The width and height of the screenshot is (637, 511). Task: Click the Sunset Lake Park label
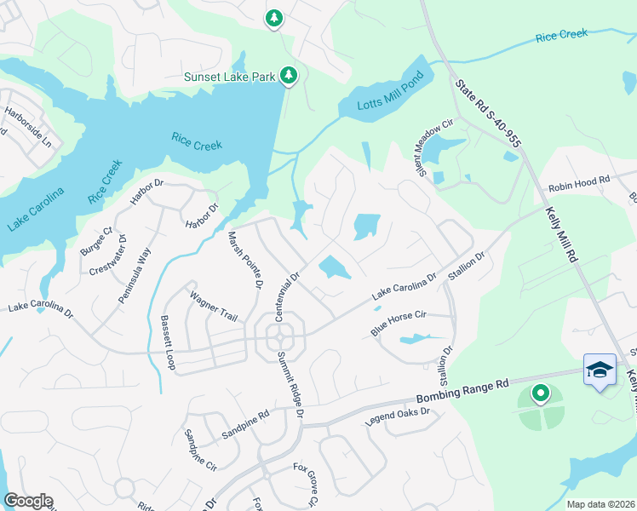click(x=230, y=78)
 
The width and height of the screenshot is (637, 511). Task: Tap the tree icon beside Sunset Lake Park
click(x=290, y=77)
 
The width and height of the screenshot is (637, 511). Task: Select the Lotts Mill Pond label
click(x=380, y=106)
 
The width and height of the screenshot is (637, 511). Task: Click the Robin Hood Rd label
click(x=580, y=181)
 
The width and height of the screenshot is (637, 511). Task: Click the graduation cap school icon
click(x=600, y=370)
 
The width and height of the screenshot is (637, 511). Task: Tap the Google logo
click(x=28, y=501)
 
